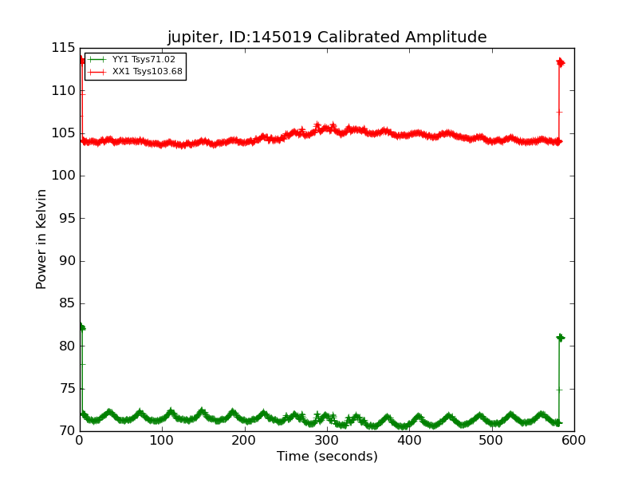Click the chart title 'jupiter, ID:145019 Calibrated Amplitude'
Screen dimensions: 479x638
(327, 37)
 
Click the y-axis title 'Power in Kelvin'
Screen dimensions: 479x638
(41, 239)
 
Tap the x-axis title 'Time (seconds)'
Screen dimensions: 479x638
(327, 457)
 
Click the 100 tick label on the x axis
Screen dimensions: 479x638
(162, 440)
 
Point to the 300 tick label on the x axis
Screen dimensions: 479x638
(327, 440)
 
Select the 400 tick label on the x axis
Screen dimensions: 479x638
(409, 440)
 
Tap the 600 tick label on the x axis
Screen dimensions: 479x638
(574, 440)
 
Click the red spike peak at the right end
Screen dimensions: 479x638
(560, 62)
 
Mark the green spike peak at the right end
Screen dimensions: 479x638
(560, 338)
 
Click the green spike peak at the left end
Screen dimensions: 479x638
(81, 327)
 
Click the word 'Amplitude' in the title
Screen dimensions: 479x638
(448, 38)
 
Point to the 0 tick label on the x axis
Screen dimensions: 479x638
(80, 440)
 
